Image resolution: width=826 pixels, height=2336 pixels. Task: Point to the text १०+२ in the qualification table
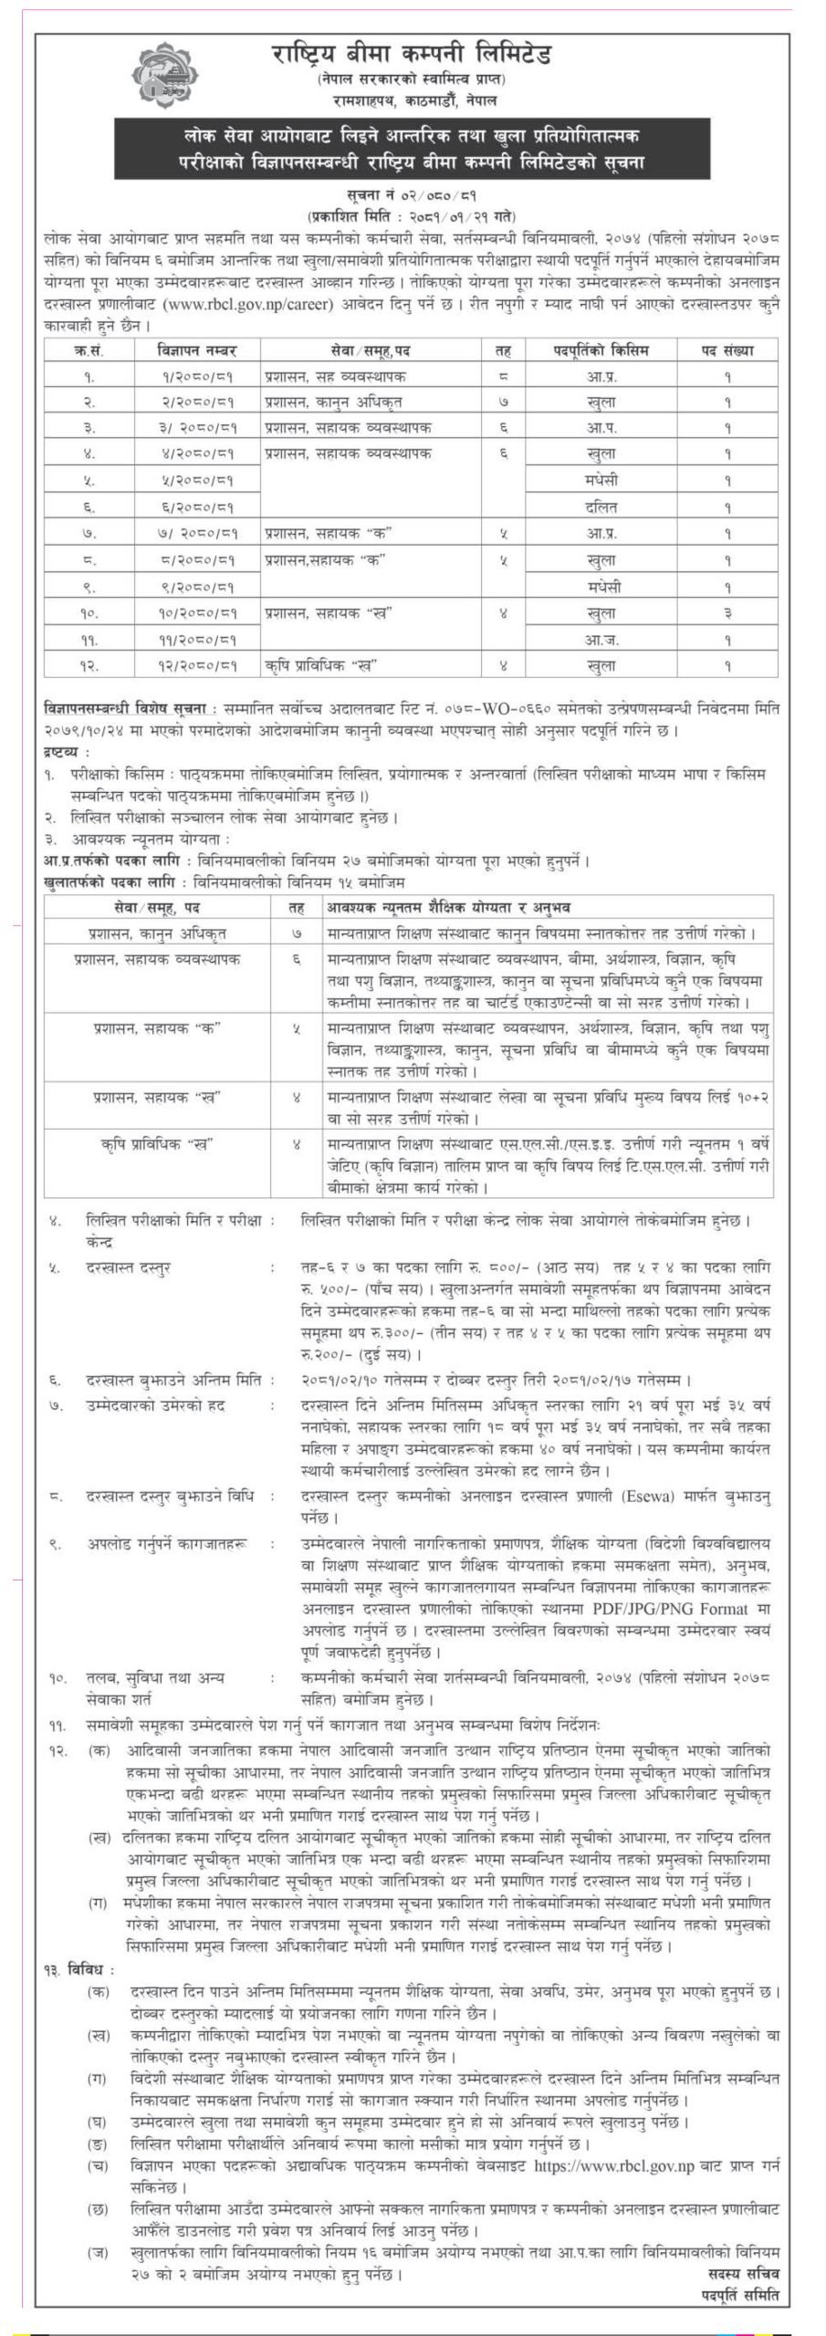point(750,1098)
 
